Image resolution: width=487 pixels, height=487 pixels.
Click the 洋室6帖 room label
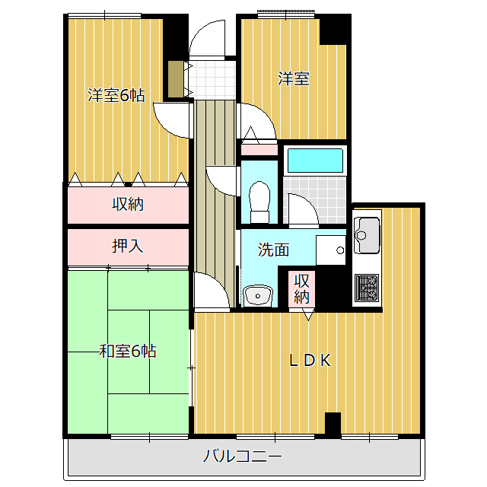coord(116,95)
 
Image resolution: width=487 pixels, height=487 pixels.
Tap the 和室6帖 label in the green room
coord(128,352)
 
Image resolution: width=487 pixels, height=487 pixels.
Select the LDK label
coord(310,360)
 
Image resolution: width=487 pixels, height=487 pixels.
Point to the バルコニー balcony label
coord(242,456)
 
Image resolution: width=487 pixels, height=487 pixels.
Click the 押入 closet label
coord(128,247)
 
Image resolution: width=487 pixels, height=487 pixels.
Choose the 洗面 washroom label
coord(273,250)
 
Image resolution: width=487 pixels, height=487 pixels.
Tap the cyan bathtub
coord(315,161)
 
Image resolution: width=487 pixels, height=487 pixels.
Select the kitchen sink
coord(367,235)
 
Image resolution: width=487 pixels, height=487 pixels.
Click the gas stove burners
coord(367,288)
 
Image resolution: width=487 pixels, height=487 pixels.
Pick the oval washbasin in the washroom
coord(258,296)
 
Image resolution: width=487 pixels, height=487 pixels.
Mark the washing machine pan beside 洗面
coord(331,250)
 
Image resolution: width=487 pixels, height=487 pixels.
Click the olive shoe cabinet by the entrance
coord(176,79)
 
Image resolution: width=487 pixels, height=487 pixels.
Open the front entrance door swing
coord(207,39)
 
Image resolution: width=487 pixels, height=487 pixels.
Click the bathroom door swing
coord(304,208)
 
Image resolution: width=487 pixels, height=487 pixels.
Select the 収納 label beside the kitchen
coord(301,289)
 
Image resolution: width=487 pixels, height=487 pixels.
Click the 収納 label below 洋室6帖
coord(128,204)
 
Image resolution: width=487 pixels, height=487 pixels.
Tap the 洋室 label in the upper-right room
coord(293,78)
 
